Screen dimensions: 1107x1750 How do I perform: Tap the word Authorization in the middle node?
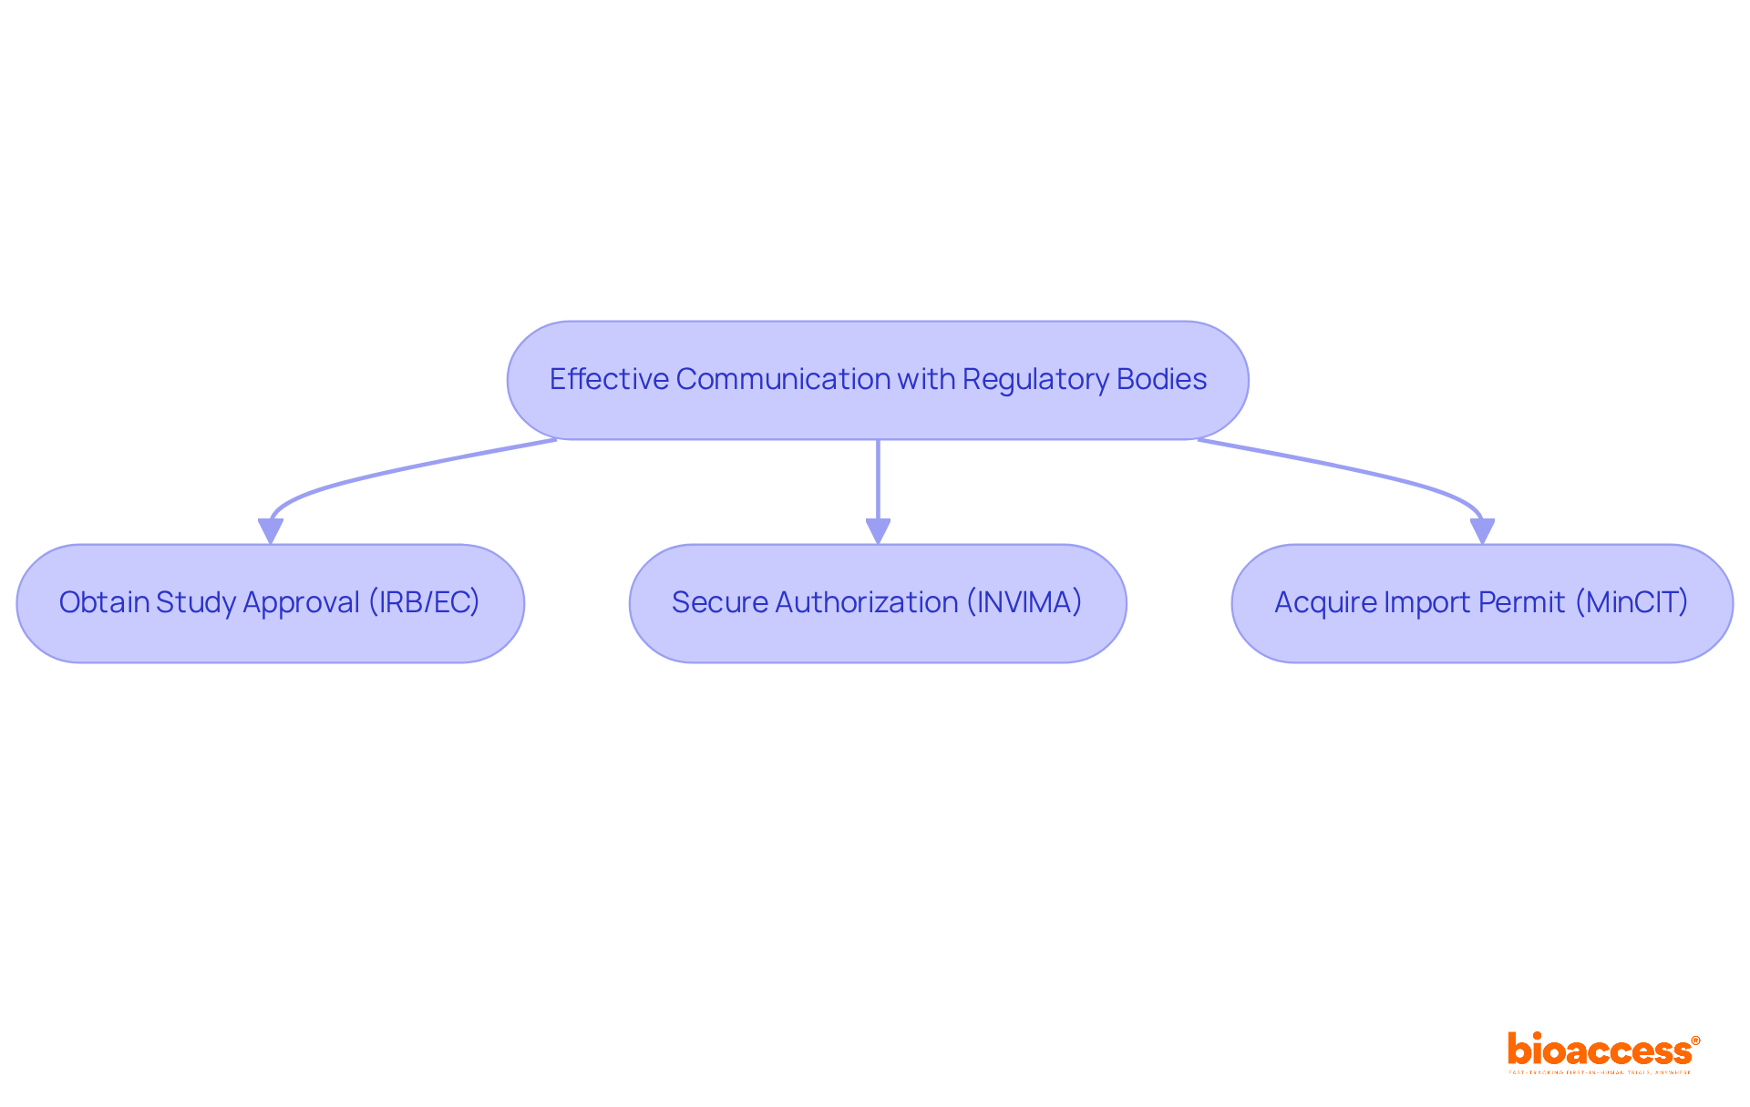[867, 602]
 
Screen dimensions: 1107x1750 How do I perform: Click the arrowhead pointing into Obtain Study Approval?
[271, 531]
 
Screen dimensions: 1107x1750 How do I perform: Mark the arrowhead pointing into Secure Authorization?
[878, 531]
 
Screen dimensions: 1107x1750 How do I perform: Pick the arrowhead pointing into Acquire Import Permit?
[1482, 531]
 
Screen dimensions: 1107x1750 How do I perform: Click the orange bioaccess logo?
[1600, 1051]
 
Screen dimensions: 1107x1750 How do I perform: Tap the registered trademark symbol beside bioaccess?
[1695, 1040]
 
